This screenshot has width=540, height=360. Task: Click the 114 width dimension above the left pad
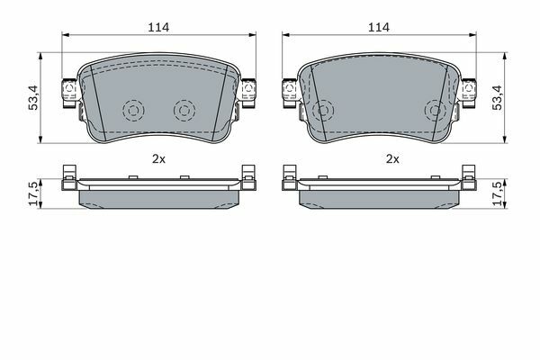[x=158, y=28]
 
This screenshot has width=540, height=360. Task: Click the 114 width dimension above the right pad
[x=379, y=28]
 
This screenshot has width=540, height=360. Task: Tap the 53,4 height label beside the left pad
[x=34, y=98]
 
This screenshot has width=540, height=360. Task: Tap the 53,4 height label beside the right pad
[x=497, y=98]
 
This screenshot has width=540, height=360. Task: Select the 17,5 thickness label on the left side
[x=34, y=194]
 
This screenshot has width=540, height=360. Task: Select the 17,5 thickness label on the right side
[x=498, y=194]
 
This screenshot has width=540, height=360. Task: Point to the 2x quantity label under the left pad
[x=158, y=158]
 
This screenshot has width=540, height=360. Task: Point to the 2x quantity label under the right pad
[x=392, y=158]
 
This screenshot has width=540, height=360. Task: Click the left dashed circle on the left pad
[x=133, y=111]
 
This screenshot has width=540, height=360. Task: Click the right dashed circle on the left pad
[x=184, y=111]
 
